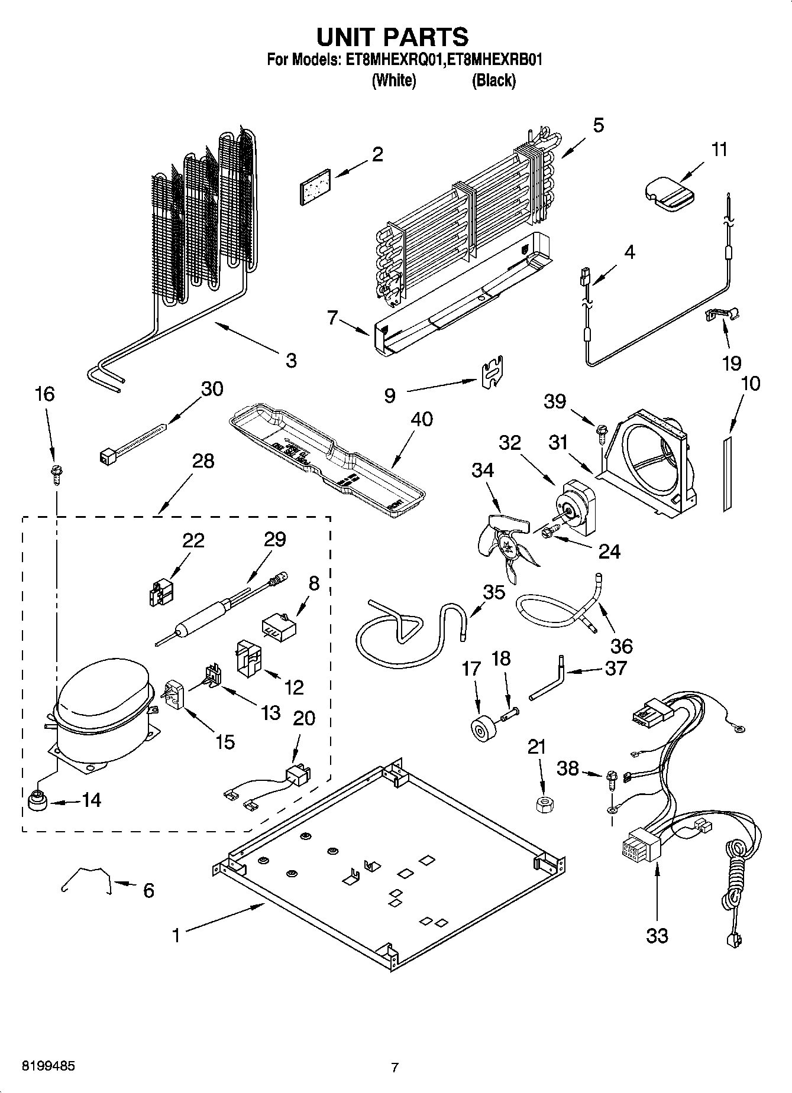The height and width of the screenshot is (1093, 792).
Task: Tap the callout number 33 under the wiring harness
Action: click(x=657, y=936)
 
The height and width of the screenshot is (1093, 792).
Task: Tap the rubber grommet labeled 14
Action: click(x=37, y=802)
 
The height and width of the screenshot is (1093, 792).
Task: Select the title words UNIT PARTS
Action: click(x=393, y=37)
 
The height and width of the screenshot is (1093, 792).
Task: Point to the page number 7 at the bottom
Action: click(x=395, y=1068)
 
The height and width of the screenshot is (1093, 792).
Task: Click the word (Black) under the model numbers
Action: click(x=493, y=80)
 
